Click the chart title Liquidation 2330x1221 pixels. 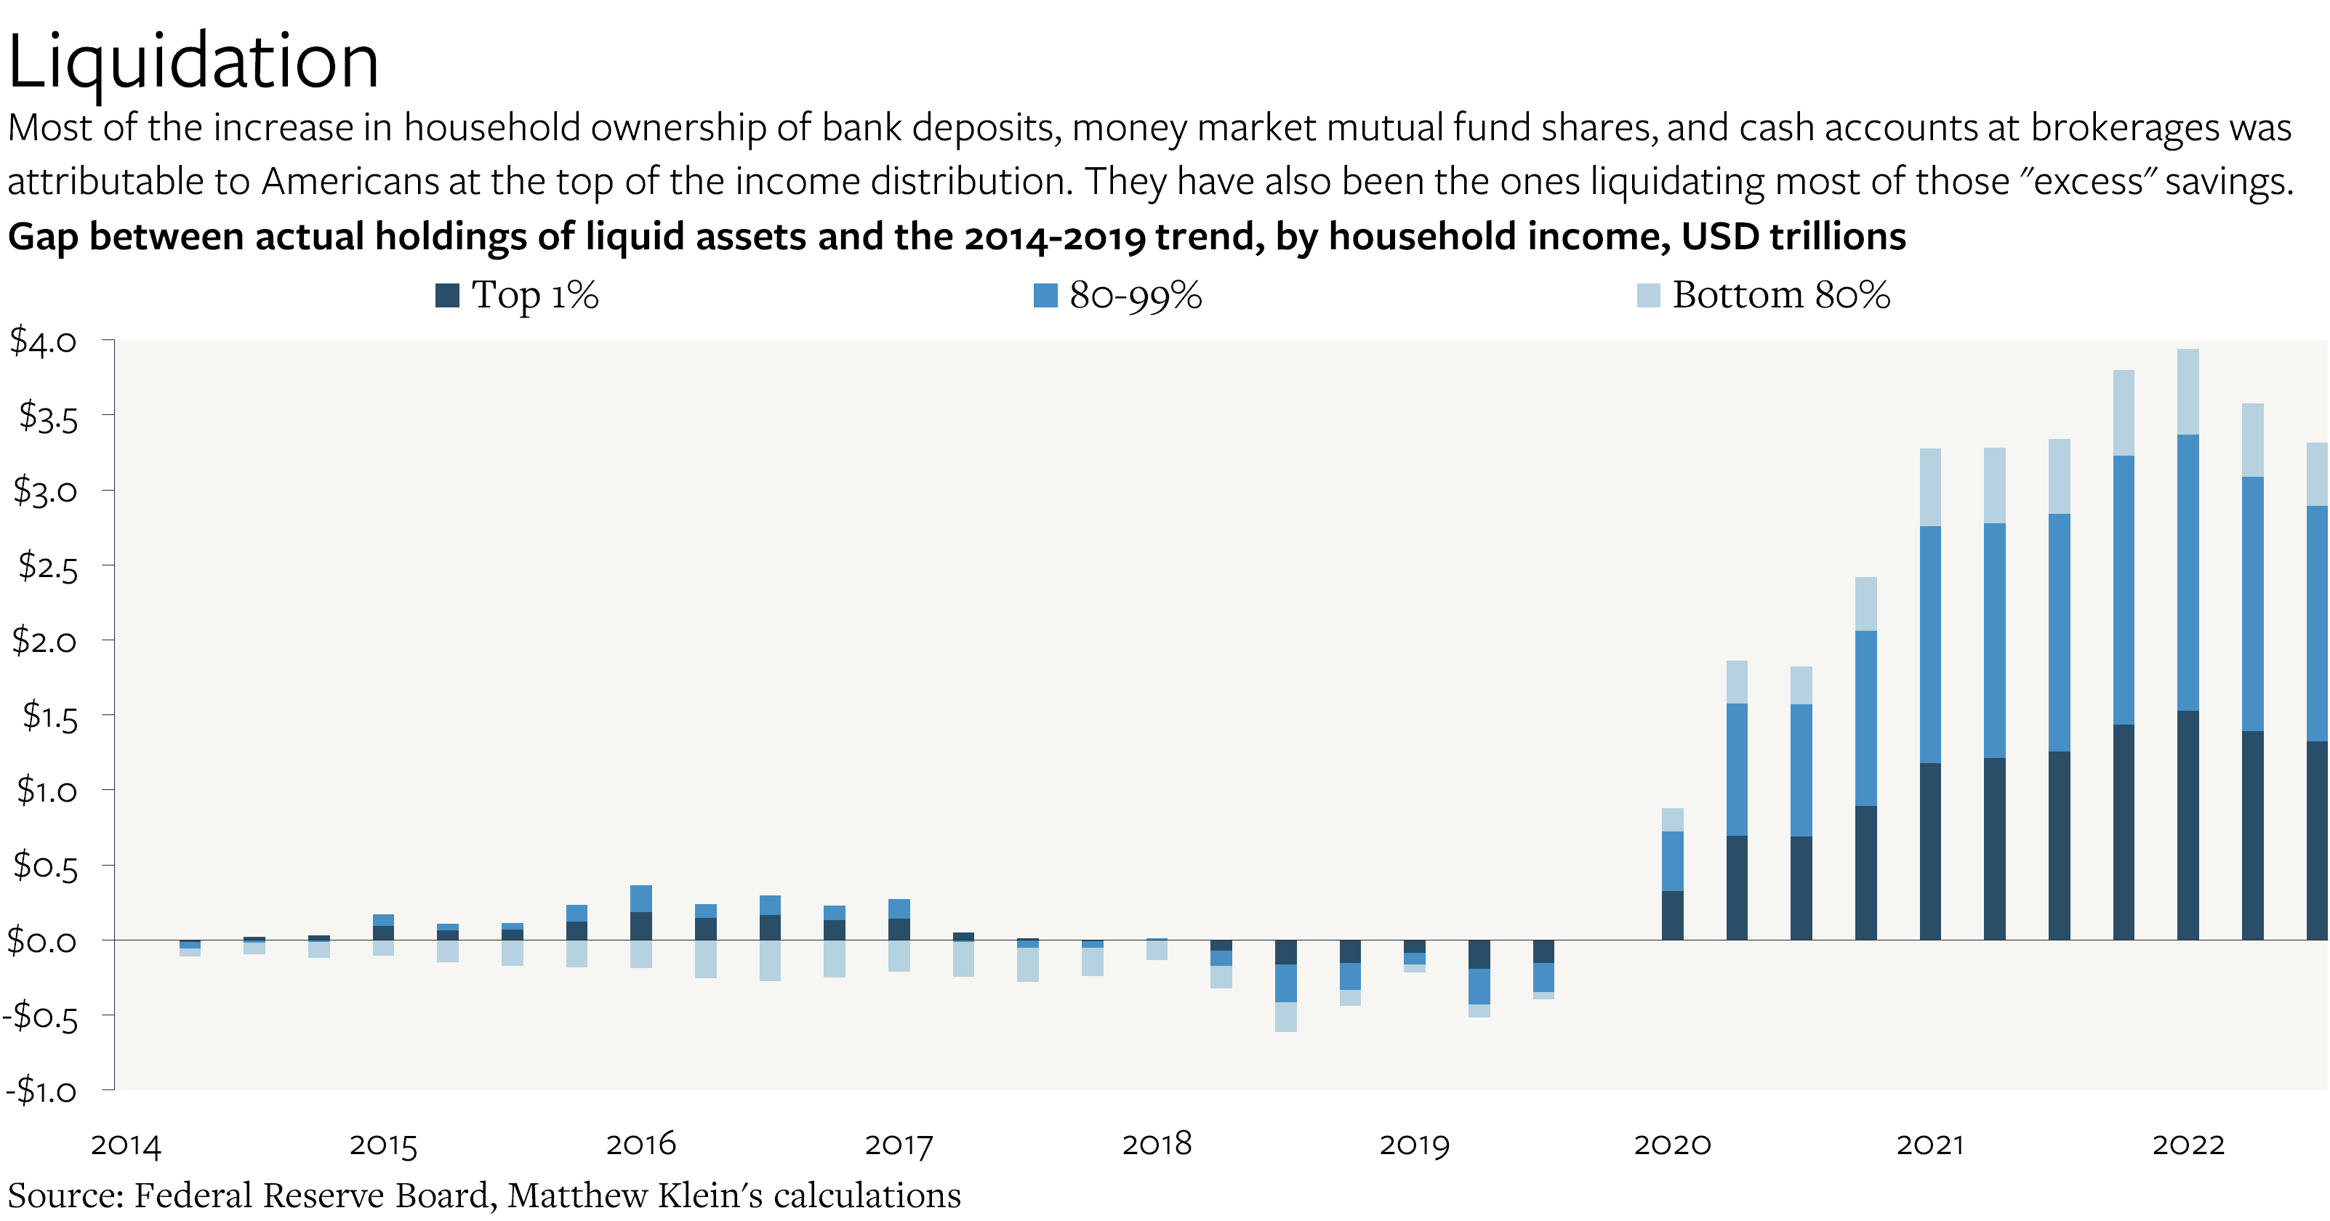click(193, 62)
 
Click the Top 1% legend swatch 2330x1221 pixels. click(447, 295)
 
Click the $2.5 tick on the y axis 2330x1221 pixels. click(47, 566)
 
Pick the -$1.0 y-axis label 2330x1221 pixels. click(41, 1090)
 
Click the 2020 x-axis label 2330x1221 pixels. click(1671, 1144)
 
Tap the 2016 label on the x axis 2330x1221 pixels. click(640, 1144)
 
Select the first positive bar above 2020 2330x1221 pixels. click(1672, 873)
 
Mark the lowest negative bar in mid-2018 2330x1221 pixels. click(1285, 986)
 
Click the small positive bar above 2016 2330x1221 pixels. click(640, 914)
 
